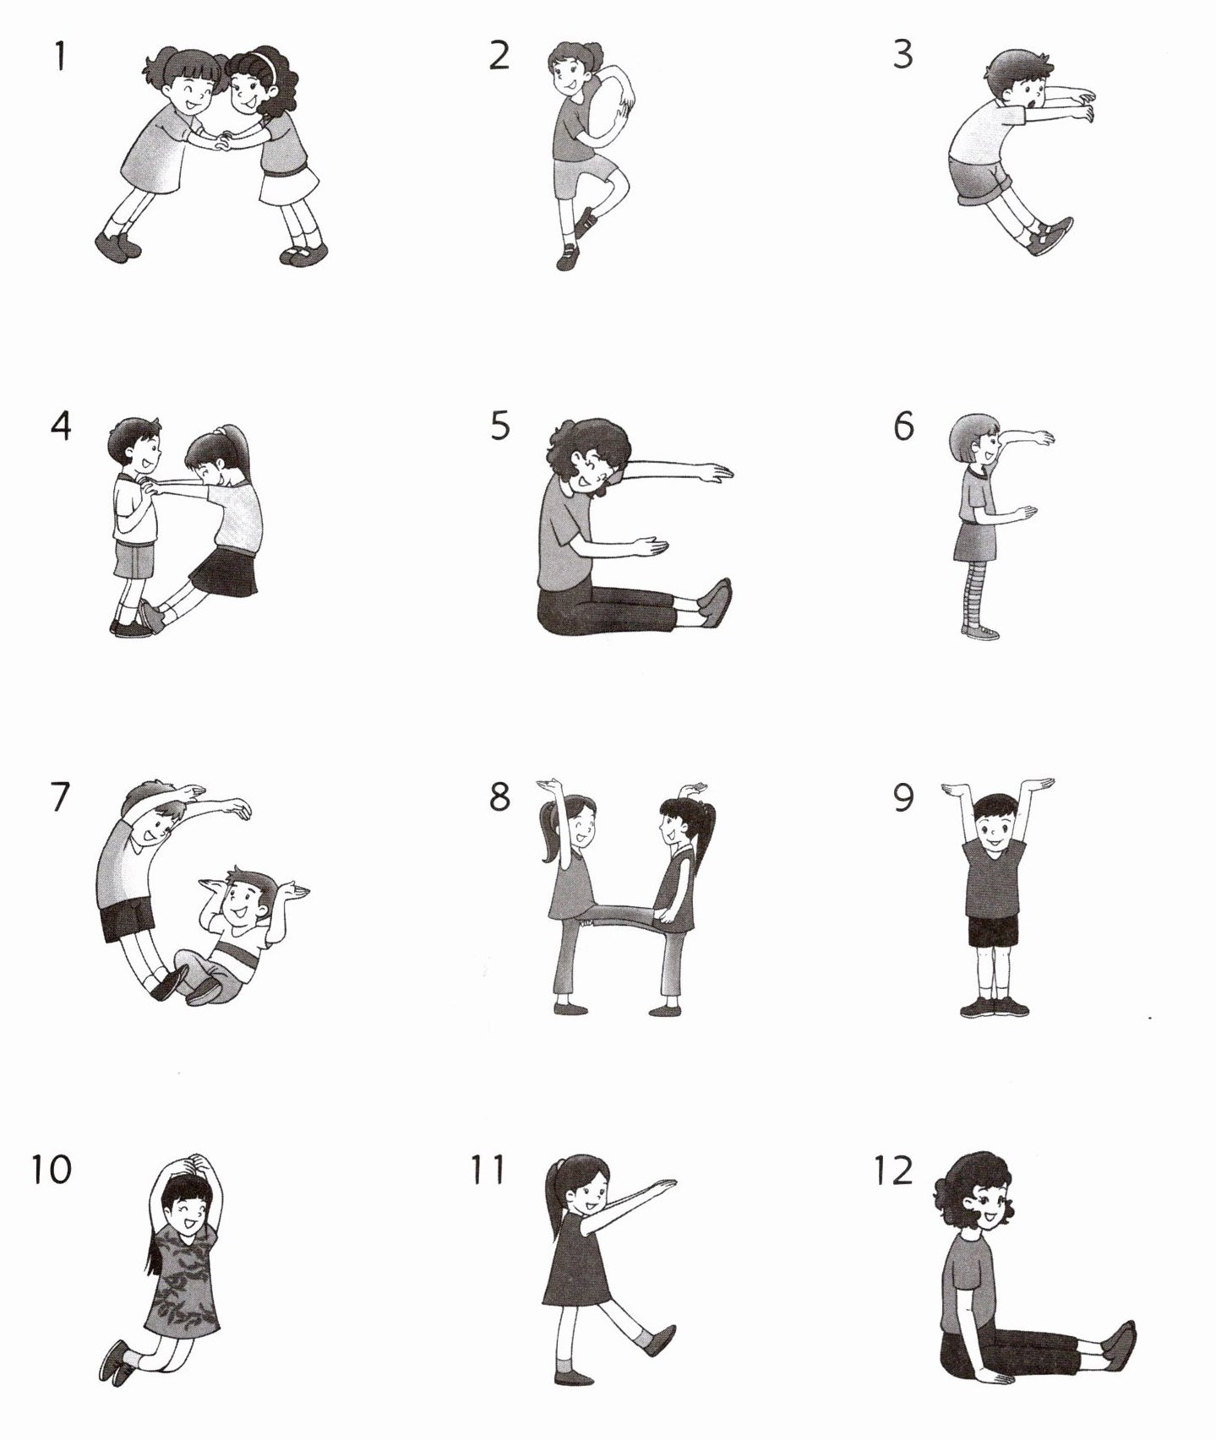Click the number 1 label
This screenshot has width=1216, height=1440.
point(59,57)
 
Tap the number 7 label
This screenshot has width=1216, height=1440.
point(59,797)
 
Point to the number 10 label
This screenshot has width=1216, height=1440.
point(52,1170)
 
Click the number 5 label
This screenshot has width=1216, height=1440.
point(500,426)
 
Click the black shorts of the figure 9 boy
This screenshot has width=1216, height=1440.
point(993,930)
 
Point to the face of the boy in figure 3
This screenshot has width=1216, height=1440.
point(1028,85)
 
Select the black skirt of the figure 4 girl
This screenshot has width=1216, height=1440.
point(224,572)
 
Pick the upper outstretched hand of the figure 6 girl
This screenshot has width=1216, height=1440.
point(1041,437)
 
